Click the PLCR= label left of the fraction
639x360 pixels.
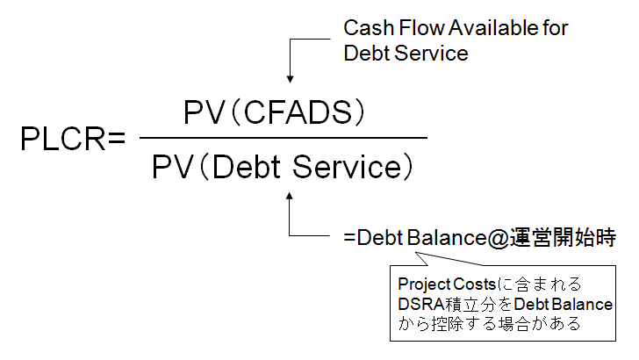(x=73, y=139)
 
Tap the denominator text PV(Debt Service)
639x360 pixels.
(x=284, y=165)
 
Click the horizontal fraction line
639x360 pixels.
(x=284, y=138)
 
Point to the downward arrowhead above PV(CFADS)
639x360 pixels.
(x=290, y=80)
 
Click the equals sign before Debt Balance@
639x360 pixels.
(x=349, y=238)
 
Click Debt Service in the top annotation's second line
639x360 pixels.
(x=406, y=53)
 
